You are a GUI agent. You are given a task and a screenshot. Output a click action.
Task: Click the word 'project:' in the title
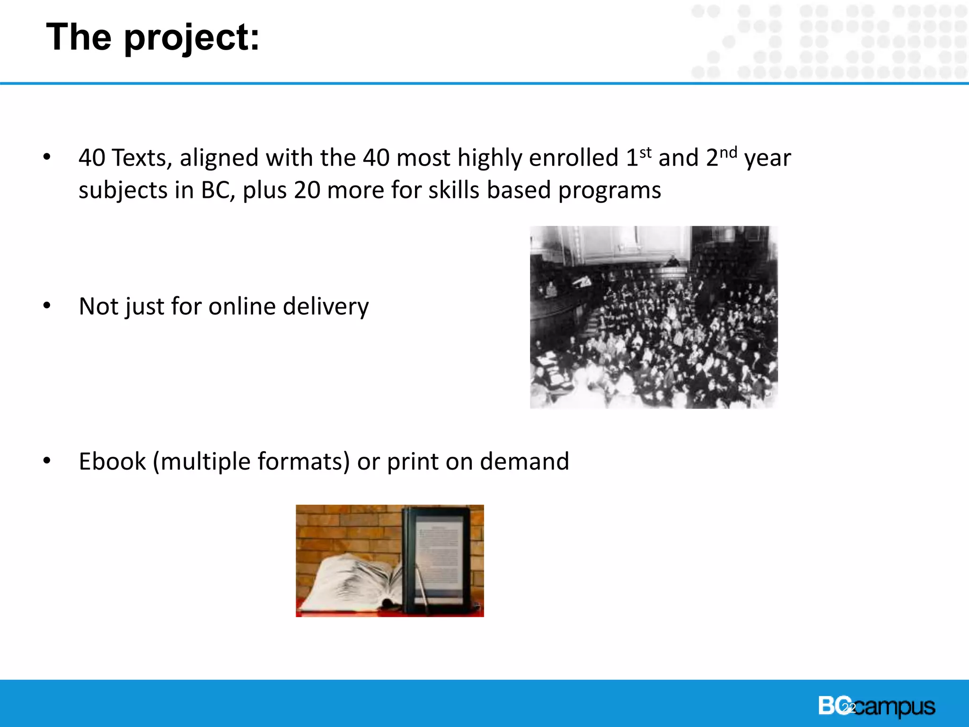pos(192,38)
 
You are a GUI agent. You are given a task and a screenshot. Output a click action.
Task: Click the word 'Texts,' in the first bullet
pos(141,158)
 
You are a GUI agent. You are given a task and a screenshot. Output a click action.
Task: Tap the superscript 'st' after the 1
pos(645,153)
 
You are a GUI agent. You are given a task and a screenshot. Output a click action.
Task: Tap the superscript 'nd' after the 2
pos(728,153)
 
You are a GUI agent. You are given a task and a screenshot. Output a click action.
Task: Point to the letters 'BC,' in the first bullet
pos(218,190)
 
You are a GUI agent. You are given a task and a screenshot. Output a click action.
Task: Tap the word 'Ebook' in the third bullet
pos(113,461)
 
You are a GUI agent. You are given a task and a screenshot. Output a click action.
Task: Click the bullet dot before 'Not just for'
pos(47,306)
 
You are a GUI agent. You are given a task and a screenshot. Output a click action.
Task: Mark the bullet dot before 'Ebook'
pos(47,461)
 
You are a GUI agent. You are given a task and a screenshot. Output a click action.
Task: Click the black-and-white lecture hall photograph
pos(653,317)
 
